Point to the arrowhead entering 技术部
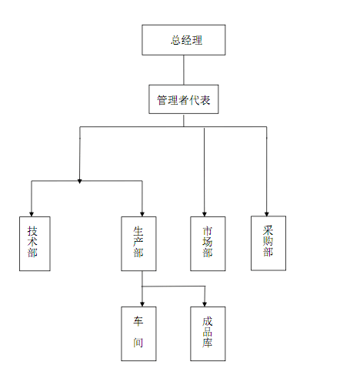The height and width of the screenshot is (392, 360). click(x=32, y=214)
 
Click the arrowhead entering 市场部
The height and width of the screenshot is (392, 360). click(x=205, y=214)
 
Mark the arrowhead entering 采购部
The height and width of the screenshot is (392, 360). click(x=267, y=214)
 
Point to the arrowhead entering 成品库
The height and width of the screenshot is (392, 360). click(x=205, y=304)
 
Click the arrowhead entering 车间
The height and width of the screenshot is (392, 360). click(x=142, y=304)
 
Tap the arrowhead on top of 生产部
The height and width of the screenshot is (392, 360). click(x=142, y=214)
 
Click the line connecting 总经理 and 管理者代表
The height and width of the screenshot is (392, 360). click(x=184, y=70)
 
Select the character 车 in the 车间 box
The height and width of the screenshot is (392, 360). click(x=138, y=321)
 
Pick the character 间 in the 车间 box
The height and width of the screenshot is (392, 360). click(x=138, y=343)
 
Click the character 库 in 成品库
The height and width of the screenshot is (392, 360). click(x=208, y=343)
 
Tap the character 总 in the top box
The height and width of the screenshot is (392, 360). click(x=176, y=40)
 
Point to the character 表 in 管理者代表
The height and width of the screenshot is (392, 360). click(x=205, y=100)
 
